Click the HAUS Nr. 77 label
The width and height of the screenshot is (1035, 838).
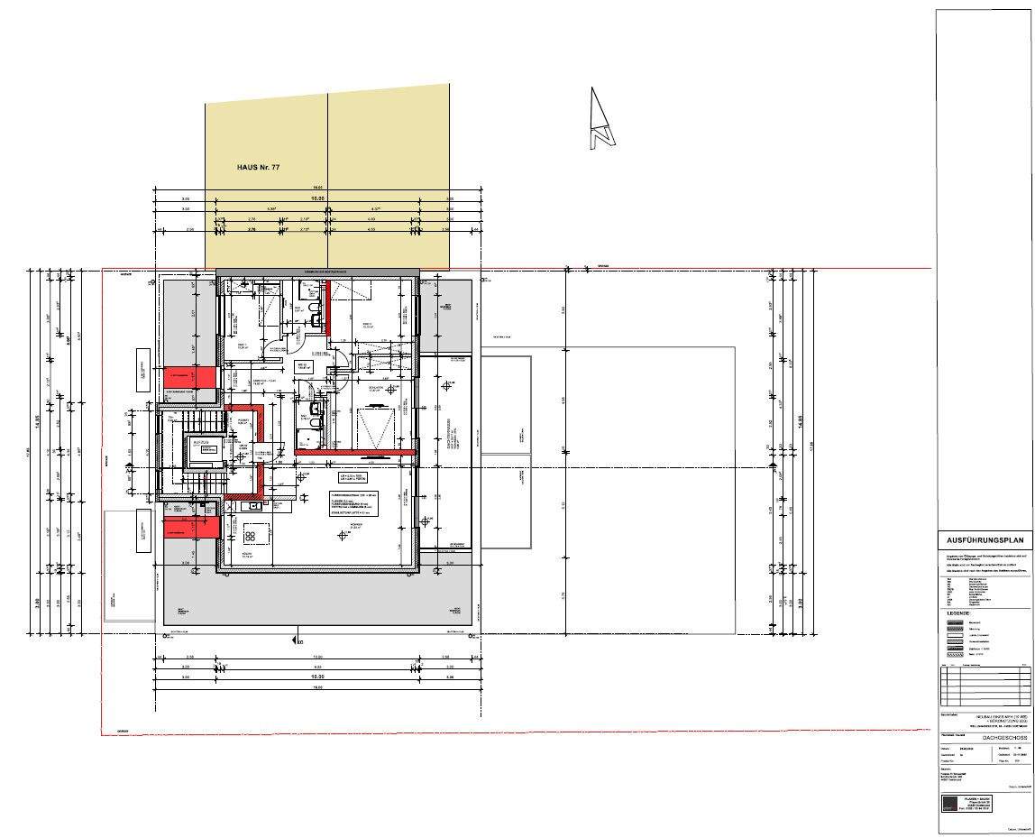tap(264, 167)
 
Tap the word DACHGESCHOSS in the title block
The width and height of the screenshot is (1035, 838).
tap(984, 737)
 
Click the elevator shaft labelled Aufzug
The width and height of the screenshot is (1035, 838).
tap(205, 448)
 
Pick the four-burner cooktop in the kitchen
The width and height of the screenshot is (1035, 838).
tap(250, 537)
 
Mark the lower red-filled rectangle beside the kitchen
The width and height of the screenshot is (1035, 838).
tap(192, 526)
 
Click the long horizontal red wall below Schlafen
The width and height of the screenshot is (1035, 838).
tap(355, 452)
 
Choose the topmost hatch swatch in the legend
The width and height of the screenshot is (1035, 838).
tap(955, 622)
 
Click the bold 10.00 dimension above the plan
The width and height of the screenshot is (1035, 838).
tap(317, 198)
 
